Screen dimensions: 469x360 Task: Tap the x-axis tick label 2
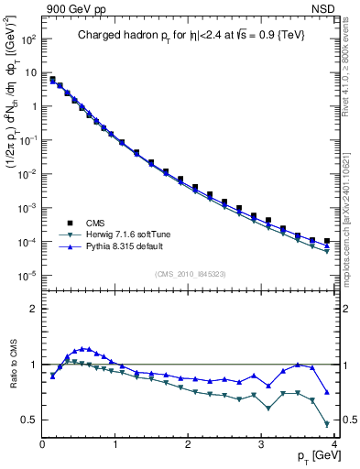coord(188,442)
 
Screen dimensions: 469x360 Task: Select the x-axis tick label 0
coord(42,442)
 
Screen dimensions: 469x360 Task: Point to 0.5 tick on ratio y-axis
coord(30,420)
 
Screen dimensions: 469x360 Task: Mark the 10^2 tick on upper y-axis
coord(28,40)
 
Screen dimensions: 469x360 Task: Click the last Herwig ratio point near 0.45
coord(327,423)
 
